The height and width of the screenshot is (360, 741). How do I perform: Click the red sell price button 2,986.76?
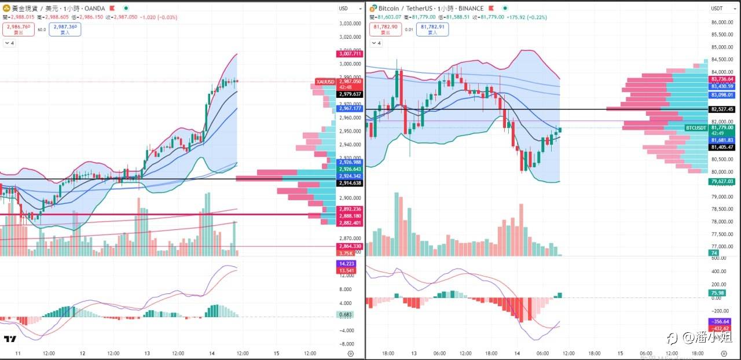click(19, 29)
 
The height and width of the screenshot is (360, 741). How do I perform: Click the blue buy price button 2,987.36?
click(65, 29)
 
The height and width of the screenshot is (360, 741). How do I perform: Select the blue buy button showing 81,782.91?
click(432, 30)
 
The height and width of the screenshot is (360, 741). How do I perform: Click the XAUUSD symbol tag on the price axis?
click(325, 82)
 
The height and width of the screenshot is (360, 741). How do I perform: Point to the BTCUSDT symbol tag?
click(696, 127)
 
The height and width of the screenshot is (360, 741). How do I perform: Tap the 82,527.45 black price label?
click(722, 109)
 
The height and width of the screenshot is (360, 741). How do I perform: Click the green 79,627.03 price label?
click(722, 181)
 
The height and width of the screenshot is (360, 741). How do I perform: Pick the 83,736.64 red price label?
click(722, 79)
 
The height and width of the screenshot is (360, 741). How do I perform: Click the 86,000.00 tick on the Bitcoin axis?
click(722, 23)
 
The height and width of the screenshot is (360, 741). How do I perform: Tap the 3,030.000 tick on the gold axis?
click(350, 24)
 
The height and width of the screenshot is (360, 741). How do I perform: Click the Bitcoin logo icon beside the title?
click(373, 9)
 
